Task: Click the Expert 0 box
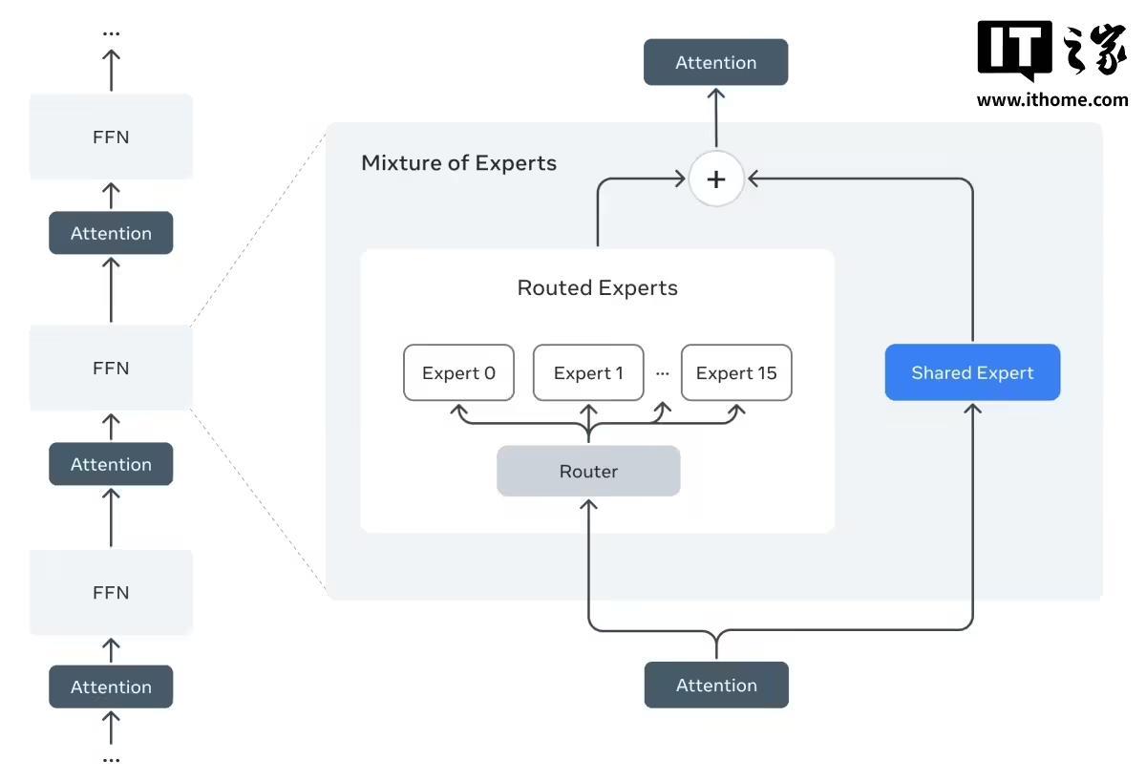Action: coord(458,372)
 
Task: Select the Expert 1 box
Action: coord(588,372)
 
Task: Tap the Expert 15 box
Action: coord(736,372)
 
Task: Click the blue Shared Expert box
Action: coord(972,372)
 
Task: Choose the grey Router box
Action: coord(588,471)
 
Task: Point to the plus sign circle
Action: coord(716,179)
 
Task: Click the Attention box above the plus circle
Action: coord(715,62)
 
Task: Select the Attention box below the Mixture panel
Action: coord(716,685)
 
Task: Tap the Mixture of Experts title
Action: coord(458,162)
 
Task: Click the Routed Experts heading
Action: coord(597,287)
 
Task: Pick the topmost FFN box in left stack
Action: coord(111,137)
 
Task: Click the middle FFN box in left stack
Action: coord(111,368)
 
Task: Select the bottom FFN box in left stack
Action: coord(111,592)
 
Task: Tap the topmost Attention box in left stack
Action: coord(111,233)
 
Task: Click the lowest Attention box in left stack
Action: coord(111,686)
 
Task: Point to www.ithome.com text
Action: coord(1051,99)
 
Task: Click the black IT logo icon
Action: coord(1014,50)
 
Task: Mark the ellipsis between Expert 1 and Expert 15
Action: coord(663,373)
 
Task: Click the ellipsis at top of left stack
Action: coord(111,33)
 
